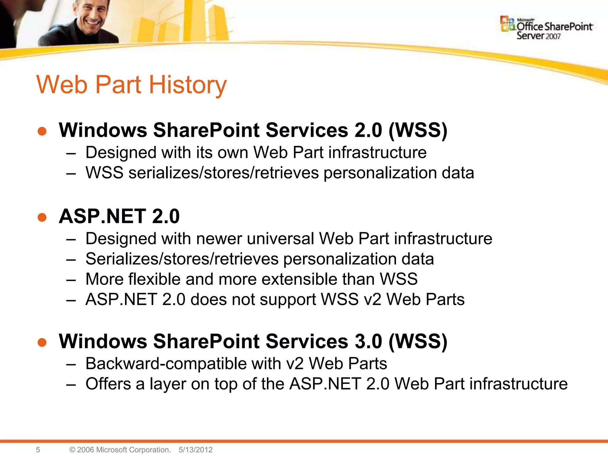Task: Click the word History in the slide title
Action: coord(188,85)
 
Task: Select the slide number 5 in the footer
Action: coord(38,450)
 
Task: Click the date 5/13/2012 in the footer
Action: coord(196,450)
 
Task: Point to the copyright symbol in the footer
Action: coord(72,450)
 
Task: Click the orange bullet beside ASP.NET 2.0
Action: coord(42,217)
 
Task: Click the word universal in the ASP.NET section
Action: coord(280,239)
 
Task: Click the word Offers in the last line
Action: coord(108,384)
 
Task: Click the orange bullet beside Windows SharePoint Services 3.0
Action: coord(42,342)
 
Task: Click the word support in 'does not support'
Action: coord(288,300)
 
